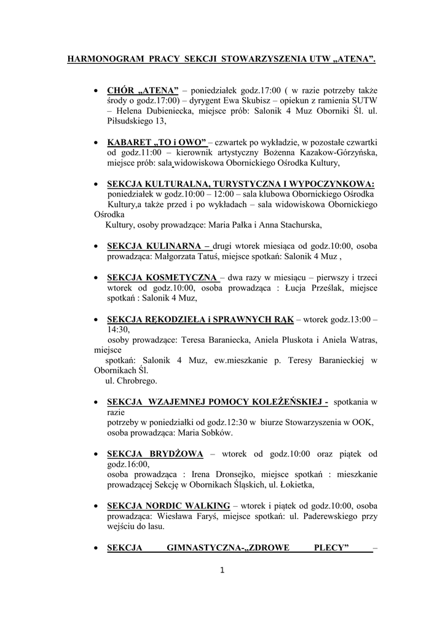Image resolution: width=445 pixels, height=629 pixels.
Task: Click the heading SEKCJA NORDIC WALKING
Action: (168, 505)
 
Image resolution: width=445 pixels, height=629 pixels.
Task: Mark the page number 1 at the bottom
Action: (222, 570)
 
